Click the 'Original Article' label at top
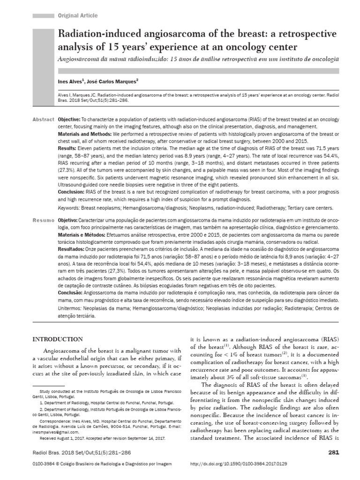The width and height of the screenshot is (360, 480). [x=77, y=15]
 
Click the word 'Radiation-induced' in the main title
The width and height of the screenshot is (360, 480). [x=93, y=36]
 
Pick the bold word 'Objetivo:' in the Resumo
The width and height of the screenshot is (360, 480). [x=68, y=220]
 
